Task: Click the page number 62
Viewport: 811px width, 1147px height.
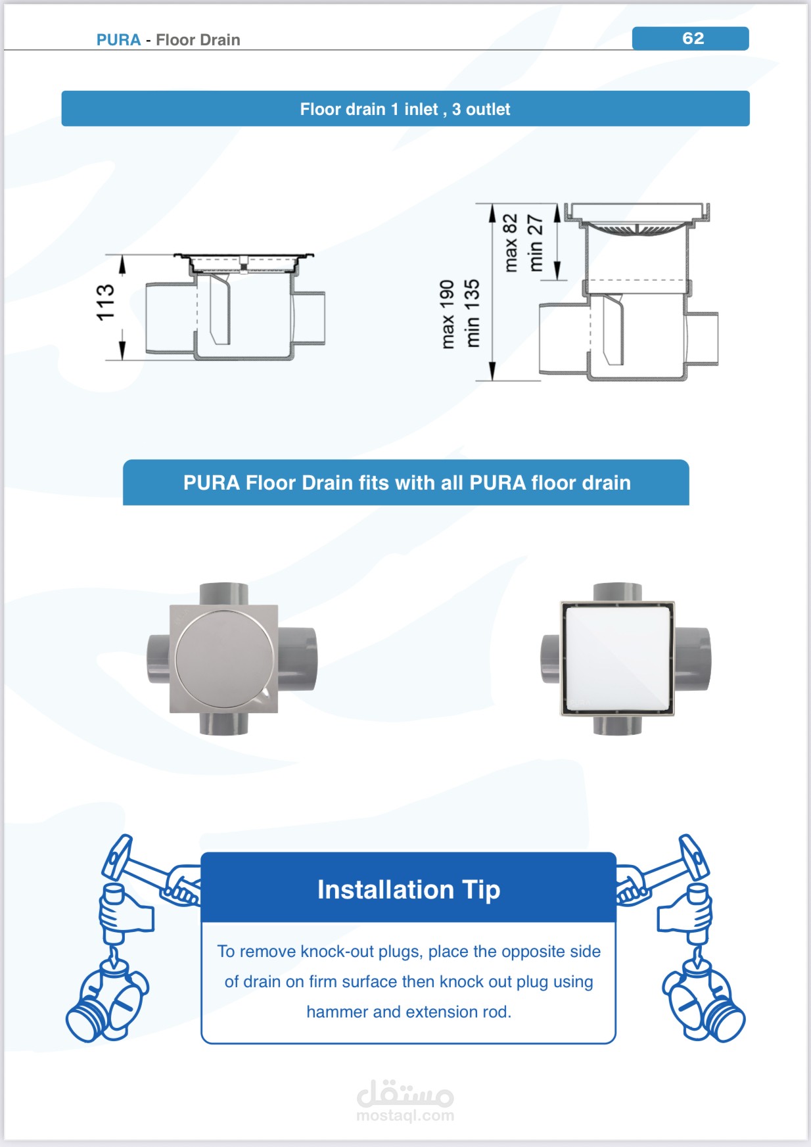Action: pyautogui.click(x=693, y=38)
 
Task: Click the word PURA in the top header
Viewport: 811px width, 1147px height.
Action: pyautogui.click(x=118, y=40)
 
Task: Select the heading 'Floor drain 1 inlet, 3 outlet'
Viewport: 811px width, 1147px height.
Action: pyautogui.click(x=405, y=109)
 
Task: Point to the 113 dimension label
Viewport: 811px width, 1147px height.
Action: pyautogui.click(x=105, y=303)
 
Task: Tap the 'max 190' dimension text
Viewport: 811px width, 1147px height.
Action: pyautogui.click(x=448, y=314)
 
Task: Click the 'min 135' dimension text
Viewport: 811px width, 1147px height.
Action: pyautogui.click(x=472, y=314)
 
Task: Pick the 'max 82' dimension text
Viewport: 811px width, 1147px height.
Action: pyautogui.click(x=511, y=243)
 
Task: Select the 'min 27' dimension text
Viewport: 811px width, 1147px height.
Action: pyautogui.click(x=536, y=243)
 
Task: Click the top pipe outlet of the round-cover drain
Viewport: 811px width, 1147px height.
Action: pyautogui.click(x=223, y=594)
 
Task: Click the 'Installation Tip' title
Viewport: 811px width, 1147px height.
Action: pyautogui.click(x=409, y=890)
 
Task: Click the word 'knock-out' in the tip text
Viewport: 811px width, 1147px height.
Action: pyautogui.click(x=336, y=951)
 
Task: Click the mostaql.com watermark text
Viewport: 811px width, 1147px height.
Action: pyautogui.click(x=405, y=1115)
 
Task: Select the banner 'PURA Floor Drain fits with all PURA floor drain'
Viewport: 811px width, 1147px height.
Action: pyautogui.click(x=406, y=482)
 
